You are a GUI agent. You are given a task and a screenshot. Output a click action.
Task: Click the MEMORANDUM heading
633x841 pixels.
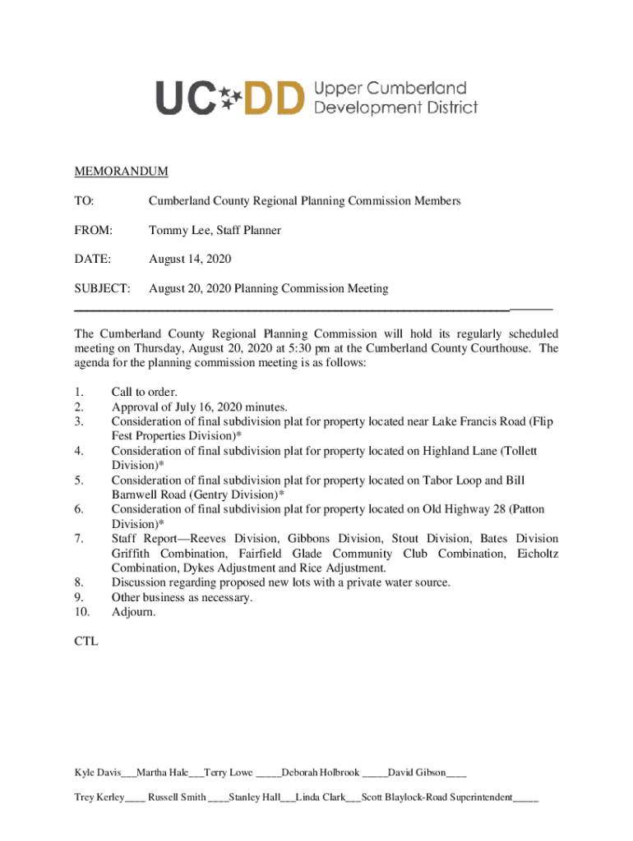[x=121, y=172]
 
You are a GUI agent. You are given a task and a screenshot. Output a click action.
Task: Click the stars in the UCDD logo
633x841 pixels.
[x=232, y=98]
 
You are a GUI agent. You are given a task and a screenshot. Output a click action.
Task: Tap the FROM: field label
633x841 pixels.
[x=93, y=231]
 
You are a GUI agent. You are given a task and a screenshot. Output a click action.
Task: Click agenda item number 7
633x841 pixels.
[x=79, y=539]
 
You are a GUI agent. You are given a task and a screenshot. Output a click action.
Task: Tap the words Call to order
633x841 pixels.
[x=144, y=393]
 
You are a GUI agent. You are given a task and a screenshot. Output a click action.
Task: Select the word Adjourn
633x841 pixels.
[x=132, y=612]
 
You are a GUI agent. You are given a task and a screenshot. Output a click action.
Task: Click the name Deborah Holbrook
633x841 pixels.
[x=321, y=773]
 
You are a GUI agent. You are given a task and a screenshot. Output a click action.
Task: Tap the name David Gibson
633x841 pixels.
[x=417, y=773]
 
